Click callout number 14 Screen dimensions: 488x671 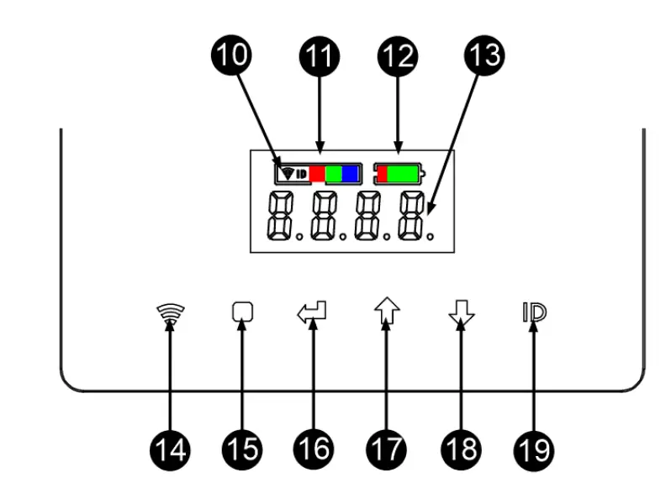coord(171,449)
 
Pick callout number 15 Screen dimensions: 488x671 coord(243,449)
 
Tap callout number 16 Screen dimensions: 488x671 coord(314,449)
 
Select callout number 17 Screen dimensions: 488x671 coord(386,449)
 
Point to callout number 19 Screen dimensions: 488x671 coord(533,449)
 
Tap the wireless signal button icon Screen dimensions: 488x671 coord(171,313)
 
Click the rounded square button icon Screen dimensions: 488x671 coord(242,312)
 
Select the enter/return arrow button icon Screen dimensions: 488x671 coord(313,312)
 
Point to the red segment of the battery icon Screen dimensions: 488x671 coord(382,174)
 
